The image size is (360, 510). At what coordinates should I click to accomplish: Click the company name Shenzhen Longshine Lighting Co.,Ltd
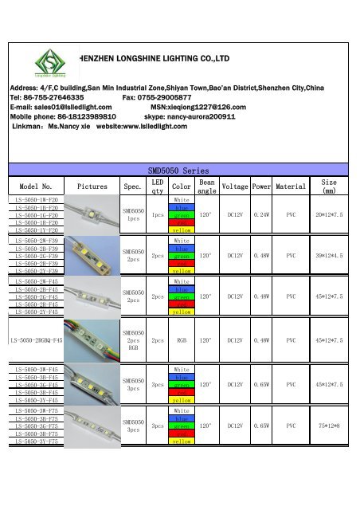click(155, 58)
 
